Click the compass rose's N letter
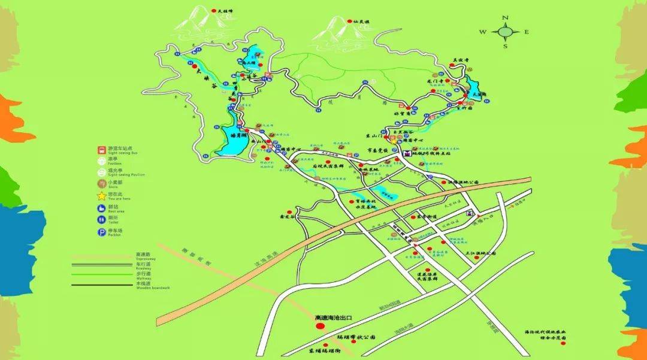tap(505, 18)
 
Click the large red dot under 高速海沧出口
tap(320, 326)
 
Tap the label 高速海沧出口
tap(335, 317)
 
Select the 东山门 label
tap(374, 136)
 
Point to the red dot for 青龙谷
tap(290, 211)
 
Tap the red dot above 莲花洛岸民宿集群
tap(430, 269)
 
